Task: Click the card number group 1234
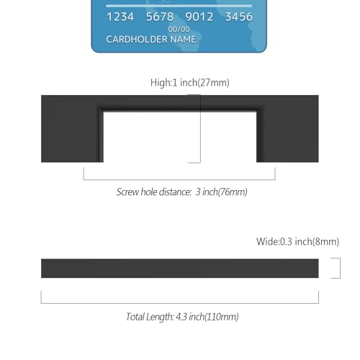click(x=120, y=17)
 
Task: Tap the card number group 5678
click(x=160, y=17)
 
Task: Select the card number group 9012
click(x=199, y=17)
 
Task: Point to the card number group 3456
click(x=239, y=17)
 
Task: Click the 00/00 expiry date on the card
click(x=179, y=30)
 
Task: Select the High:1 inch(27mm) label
click(x=190, y=83)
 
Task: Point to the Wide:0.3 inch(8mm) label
click(x=297, y=241)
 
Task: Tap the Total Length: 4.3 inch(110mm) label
click(x=182, y=317)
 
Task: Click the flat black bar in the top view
click(x=180, y=269)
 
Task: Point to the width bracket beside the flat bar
click(x=340, y=268)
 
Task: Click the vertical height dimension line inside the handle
click(x=200, y=129)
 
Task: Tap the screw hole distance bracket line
click(x=179, y=179)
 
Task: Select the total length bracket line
click(x=180, y=303)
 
